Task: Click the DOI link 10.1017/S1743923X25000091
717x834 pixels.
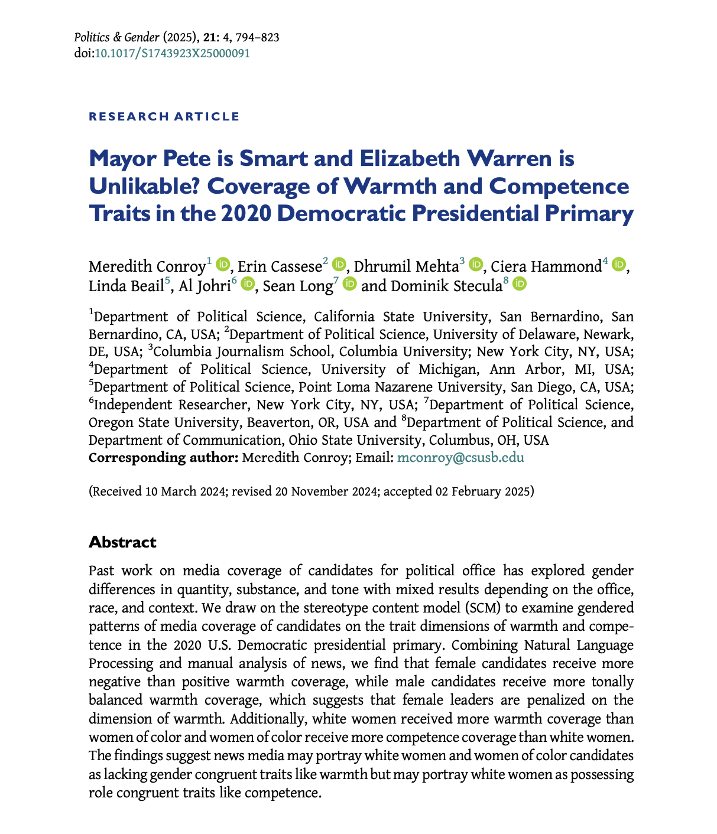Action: [172, 53]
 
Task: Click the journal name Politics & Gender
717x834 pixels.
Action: [113, 38]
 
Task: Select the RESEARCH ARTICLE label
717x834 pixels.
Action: [164, 116]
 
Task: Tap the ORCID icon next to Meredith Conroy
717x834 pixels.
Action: [223, 264]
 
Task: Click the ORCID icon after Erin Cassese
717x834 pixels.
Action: [339, 264]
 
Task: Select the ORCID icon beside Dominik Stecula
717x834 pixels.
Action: [520, 284]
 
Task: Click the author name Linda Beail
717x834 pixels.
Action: [125, 286]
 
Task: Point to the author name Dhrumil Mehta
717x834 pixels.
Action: [406, 266]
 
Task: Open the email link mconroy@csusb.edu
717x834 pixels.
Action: [460, 458]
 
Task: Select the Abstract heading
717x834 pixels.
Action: [122, 542]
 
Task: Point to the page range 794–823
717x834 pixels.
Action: [258, 38]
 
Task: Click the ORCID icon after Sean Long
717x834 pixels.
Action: [349, 284]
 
